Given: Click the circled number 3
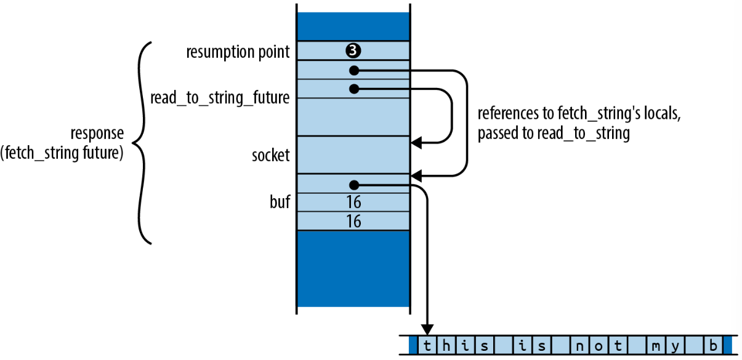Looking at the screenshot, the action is [353, 50].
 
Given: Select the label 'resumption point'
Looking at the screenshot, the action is [238, 52].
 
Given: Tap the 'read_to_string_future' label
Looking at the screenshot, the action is [220, 98].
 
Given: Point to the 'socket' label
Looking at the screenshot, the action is [271, 155].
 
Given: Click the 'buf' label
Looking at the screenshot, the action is [280, 202].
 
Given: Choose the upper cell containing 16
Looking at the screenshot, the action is [353, 202].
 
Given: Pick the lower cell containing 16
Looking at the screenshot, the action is [353, 221].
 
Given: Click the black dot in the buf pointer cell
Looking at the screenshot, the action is [354, 185].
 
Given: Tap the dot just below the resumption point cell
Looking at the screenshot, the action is [354, 70].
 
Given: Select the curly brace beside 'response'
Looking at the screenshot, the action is [142, 143].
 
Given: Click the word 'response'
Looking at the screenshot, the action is [97, 134].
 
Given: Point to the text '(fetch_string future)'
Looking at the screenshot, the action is [62, 153].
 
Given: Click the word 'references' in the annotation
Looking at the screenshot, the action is [508, 113].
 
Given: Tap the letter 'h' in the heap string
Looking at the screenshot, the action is [446, 346].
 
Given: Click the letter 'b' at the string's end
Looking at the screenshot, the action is [713, 346].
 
